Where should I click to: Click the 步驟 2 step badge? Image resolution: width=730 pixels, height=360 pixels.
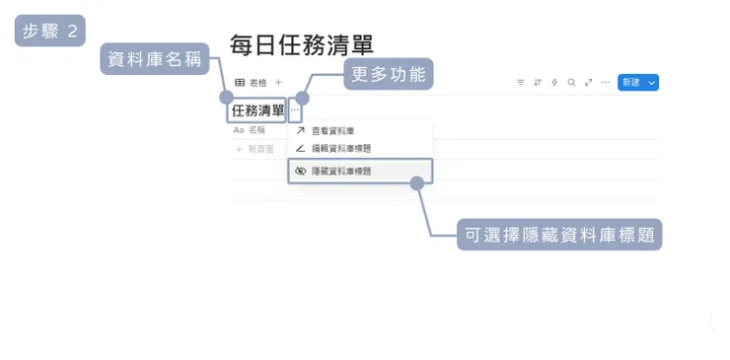50,31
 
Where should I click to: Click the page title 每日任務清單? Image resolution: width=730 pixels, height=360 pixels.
301,45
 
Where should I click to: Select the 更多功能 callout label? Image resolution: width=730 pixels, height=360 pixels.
388,74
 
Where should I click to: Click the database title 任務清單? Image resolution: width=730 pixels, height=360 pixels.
257,109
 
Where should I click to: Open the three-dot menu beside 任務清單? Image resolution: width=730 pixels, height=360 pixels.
295,109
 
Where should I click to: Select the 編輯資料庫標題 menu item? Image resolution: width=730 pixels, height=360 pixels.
340,148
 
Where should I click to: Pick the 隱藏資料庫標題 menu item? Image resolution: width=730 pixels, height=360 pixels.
340,171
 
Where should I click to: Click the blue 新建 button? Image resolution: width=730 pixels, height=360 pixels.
631,83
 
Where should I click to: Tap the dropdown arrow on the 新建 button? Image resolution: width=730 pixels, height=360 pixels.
652,83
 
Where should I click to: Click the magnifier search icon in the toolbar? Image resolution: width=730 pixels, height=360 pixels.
571,83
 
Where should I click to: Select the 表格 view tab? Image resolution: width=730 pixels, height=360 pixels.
251,83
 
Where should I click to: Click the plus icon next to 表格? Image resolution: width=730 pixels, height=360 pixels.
278,83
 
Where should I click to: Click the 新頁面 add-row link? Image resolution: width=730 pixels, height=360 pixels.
259,149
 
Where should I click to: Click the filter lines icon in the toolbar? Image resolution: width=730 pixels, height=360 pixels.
521,83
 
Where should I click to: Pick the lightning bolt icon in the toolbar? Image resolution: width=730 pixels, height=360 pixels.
554,83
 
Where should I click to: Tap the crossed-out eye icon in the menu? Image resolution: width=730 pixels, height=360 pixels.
301,171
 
